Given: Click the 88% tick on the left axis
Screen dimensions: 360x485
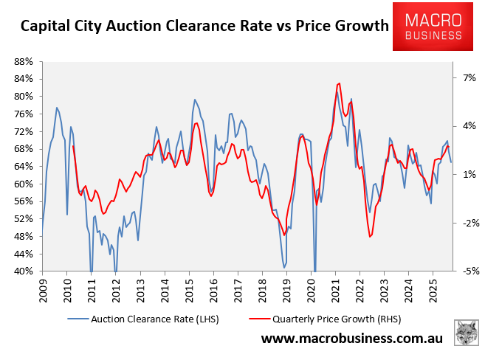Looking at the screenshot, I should point(24,61).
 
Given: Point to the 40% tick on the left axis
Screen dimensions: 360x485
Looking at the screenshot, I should point(24,271).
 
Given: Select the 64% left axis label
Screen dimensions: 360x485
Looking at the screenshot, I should point(24,166).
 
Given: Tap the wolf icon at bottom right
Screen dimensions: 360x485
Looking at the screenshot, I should point(466,333).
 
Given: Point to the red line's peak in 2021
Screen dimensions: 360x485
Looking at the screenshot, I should point(338,83).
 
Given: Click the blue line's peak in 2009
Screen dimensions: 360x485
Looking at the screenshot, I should point(56,108).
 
